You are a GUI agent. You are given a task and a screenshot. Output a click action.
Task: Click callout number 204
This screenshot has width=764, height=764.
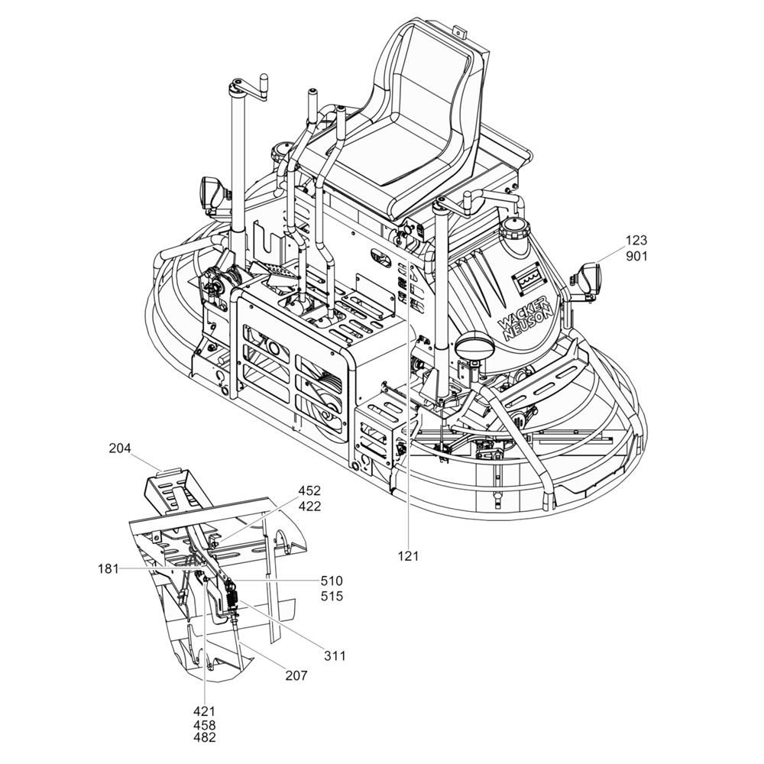click(120, 448)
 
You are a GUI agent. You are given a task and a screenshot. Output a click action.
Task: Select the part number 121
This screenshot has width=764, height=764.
click(408, 555)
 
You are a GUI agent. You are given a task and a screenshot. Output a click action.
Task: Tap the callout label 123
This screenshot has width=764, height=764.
click(636, 240)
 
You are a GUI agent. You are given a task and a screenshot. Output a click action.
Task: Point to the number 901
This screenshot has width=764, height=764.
click(636, 256)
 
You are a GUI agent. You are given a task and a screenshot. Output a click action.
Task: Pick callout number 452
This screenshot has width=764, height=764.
click(310, 490)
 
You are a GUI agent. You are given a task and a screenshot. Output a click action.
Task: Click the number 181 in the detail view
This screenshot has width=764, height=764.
click(108, 568)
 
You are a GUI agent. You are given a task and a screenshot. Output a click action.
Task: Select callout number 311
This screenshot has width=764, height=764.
click(335, 656)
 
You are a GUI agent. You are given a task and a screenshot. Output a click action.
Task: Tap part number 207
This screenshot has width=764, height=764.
click(296, 675)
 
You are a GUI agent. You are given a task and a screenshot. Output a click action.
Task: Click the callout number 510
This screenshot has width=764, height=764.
click(332, 581)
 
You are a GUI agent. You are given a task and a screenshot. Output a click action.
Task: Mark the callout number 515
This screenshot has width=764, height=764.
click(332, 596)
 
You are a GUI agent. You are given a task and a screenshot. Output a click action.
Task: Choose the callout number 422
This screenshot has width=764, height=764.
click(310, 507)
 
